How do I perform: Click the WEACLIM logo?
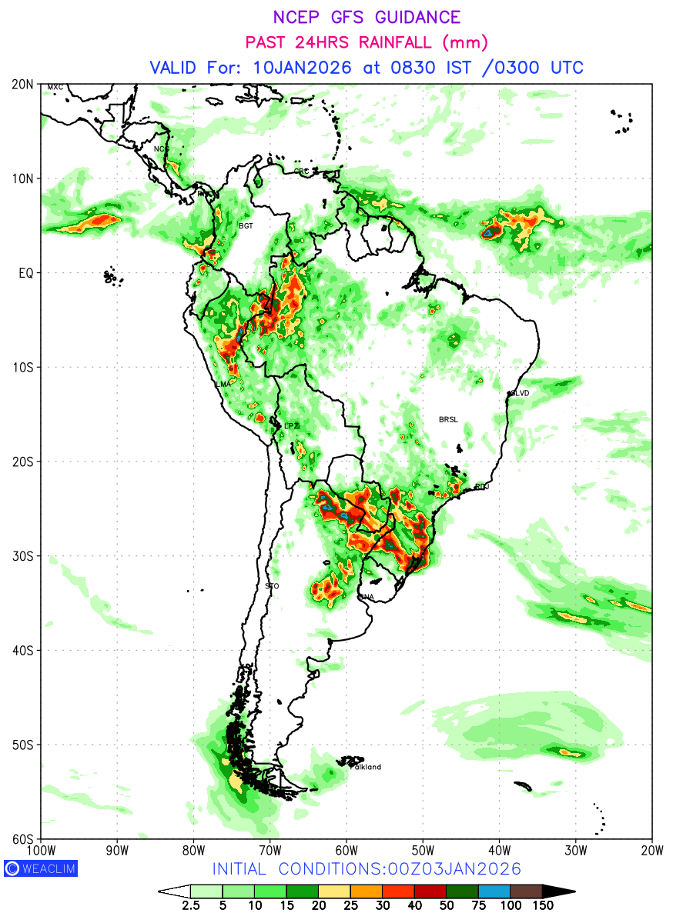(40, 868)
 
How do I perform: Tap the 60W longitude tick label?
(346, 850)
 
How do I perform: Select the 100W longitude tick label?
(41, 850)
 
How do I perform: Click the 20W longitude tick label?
(651, 850)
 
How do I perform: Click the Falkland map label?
(366, 767)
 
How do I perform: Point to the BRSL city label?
(447, 419)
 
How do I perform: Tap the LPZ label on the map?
(291, 426)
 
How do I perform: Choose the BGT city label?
(246, 226)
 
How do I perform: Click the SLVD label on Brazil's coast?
(521, 393)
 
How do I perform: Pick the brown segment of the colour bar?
(527, 891)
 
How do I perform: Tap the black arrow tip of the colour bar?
(565, 891)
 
